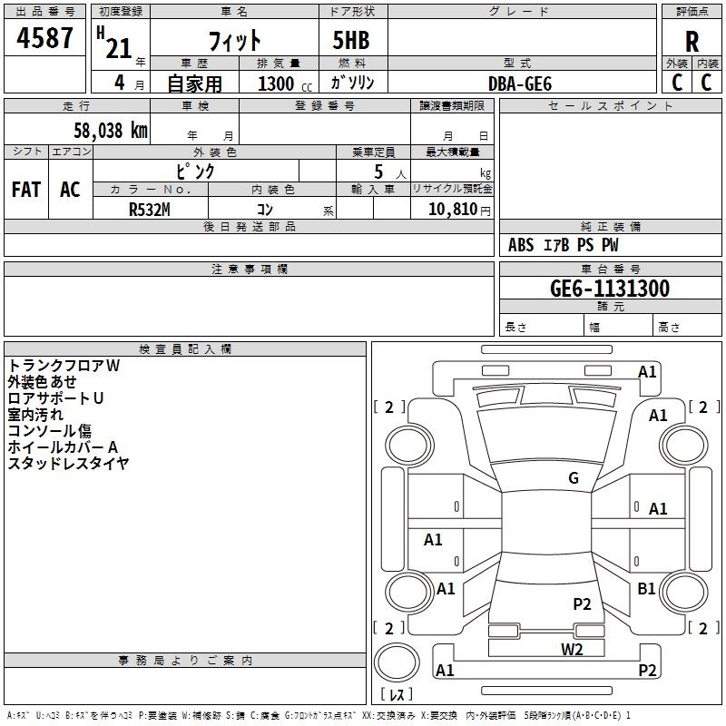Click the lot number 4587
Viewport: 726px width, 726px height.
pyautogui.click(x=44, y=39)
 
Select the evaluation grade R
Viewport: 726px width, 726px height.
pyautogui.click(x=692, y=42)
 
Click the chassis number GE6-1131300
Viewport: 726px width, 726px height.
pyautogui.click(x=610, y=289)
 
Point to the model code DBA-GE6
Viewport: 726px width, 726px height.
pyautogui.click(x=520, y=83)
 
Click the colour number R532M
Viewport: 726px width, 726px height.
pyautogui.click(x=150, y=208)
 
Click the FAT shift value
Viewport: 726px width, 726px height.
pyautogui.click(x=25, y=189)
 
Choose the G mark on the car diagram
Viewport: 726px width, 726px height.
pyautogui.click(x=574, y=478)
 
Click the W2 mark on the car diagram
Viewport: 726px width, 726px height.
pyautogui.click(x=572, y=648)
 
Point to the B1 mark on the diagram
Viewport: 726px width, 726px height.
pyautogui.click(x=646, y=589)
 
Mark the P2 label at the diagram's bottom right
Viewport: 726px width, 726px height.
pyautogui.click(x=647, y=670)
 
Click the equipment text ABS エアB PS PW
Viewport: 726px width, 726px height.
pyautogui.click(x=564, y=245)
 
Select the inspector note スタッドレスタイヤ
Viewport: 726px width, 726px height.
pyautogui.click(x=68, y=463)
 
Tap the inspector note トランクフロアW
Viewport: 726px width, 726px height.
pyautogui.click(x=64, y=365)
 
